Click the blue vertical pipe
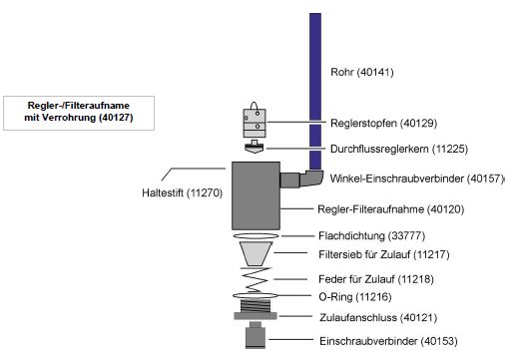(x=314, y=90)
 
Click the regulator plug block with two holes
(x=257, y=121)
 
